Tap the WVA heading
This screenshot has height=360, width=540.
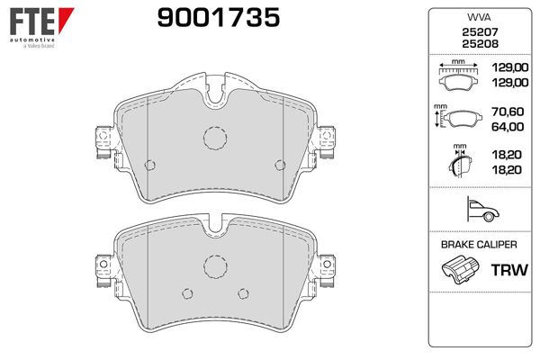(475, 18)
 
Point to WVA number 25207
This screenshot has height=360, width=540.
(475, 32)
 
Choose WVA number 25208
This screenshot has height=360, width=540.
(475, 45)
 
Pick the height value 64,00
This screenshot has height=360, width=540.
(508, 128)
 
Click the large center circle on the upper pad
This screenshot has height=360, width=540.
(214, 137)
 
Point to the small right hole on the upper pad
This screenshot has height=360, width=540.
(279, 164)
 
